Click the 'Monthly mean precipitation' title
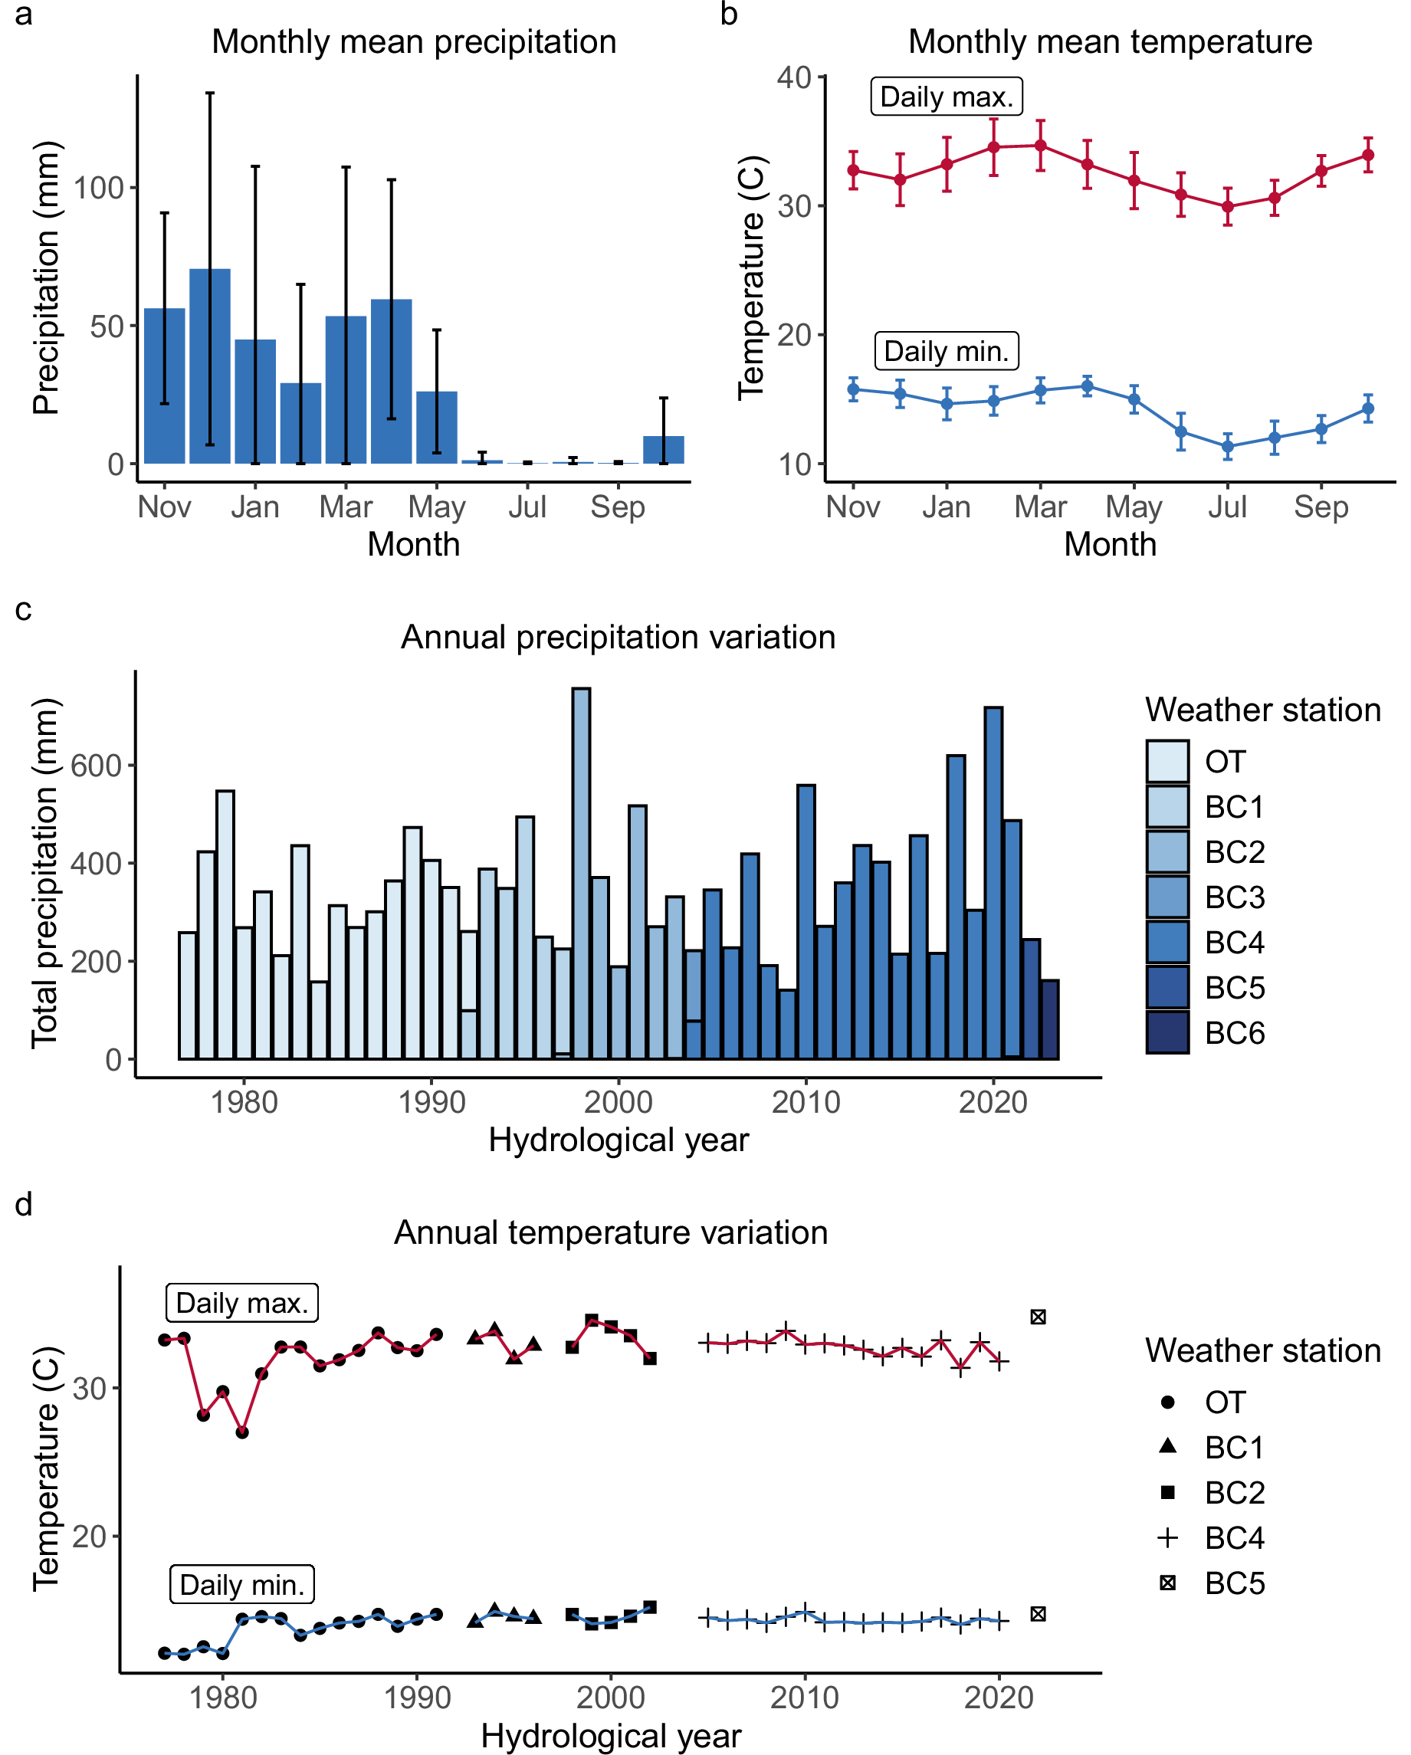tap(414, 41)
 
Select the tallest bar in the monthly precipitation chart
tap(209, 366)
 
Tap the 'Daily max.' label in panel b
tap(946, 97)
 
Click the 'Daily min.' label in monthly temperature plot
tap(946, 351)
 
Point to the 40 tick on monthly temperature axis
tap(794, 77)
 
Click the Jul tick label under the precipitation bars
tap(527, 507)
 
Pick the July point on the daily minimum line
tap(1228, 446)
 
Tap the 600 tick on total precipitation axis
tap(95, 765)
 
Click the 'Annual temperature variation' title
tap(611, 1232)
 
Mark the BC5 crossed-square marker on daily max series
tap(1038, 1317)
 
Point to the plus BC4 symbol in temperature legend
tap(1167, 1537)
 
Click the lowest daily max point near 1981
tap(242, 1432)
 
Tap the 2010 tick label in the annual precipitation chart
tap(806, 1102)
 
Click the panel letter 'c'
tap(24, 609)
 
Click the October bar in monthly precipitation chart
tap(664, 450)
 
